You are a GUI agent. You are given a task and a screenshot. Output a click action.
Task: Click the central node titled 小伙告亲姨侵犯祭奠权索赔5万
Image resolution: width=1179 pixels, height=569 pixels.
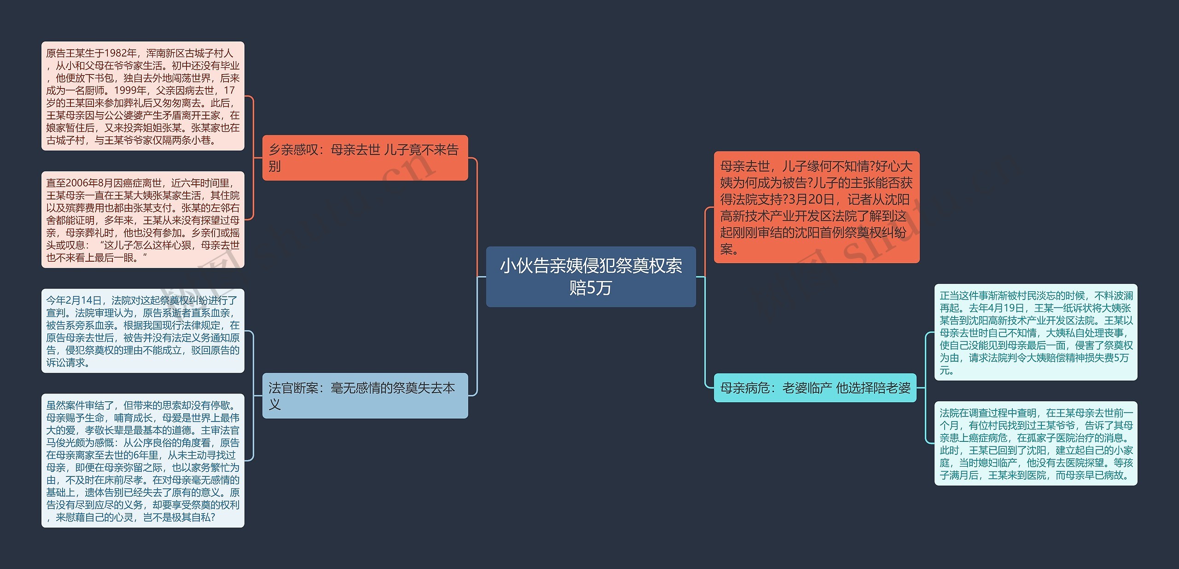(x=590, y=276)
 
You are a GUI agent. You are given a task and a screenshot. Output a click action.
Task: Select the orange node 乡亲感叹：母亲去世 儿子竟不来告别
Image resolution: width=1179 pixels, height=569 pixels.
(x=365, y=158)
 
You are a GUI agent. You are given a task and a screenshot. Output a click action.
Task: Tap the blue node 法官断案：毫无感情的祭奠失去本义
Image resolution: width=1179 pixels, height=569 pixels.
(x=365, y=396)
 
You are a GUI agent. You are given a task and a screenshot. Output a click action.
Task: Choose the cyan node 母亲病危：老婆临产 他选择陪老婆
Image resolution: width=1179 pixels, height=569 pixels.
(x=815, y=388)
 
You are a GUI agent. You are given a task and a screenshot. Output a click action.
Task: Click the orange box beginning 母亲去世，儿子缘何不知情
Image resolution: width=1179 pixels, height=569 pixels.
(x=816, y=207)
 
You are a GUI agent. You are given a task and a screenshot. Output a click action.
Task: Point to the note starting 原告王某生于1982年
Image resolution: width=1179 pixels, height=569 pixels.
(x=143, y=96)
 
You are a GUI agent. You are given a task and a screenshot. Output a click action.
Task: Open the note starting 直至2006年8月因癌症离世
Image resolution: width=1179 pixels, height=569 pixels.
(x=143, y=220)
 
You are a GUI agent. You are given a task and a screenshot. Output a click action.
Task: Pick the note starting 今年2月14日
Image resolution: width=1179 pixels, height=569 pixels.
(x=143, y=331)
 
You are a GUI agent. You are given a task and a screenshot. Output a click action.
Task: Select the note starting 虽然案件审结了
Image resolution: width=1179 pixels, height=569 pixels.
(x=143, y=460)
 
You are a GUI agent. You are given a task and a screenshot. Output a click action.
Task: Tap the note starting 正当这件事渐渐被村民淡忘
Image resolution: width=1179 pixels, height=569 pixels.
(x=1035, y=332)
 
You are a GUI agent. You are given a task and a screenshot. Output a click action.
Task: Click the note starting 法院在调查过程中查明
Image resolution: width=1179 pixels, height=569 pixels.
(x=1035, y=444)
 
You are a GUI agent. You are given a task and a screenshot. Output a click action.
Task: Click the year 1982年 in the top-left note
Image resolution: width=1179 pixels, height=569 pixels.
(x=121, y=53)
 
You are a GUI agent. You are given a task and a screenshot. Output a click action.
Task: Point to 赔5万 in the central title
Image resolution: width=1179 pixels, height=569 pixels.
(x=590, y=288)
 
